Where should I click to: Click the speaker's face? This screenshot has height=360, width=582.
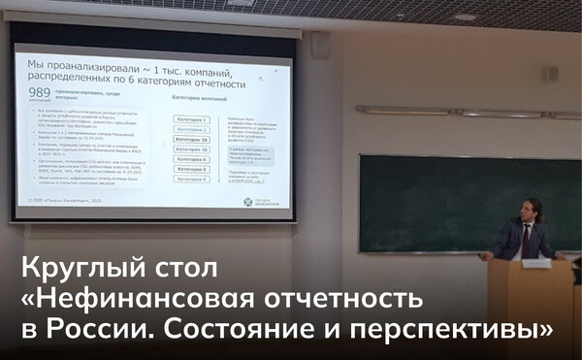(533, 212)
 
